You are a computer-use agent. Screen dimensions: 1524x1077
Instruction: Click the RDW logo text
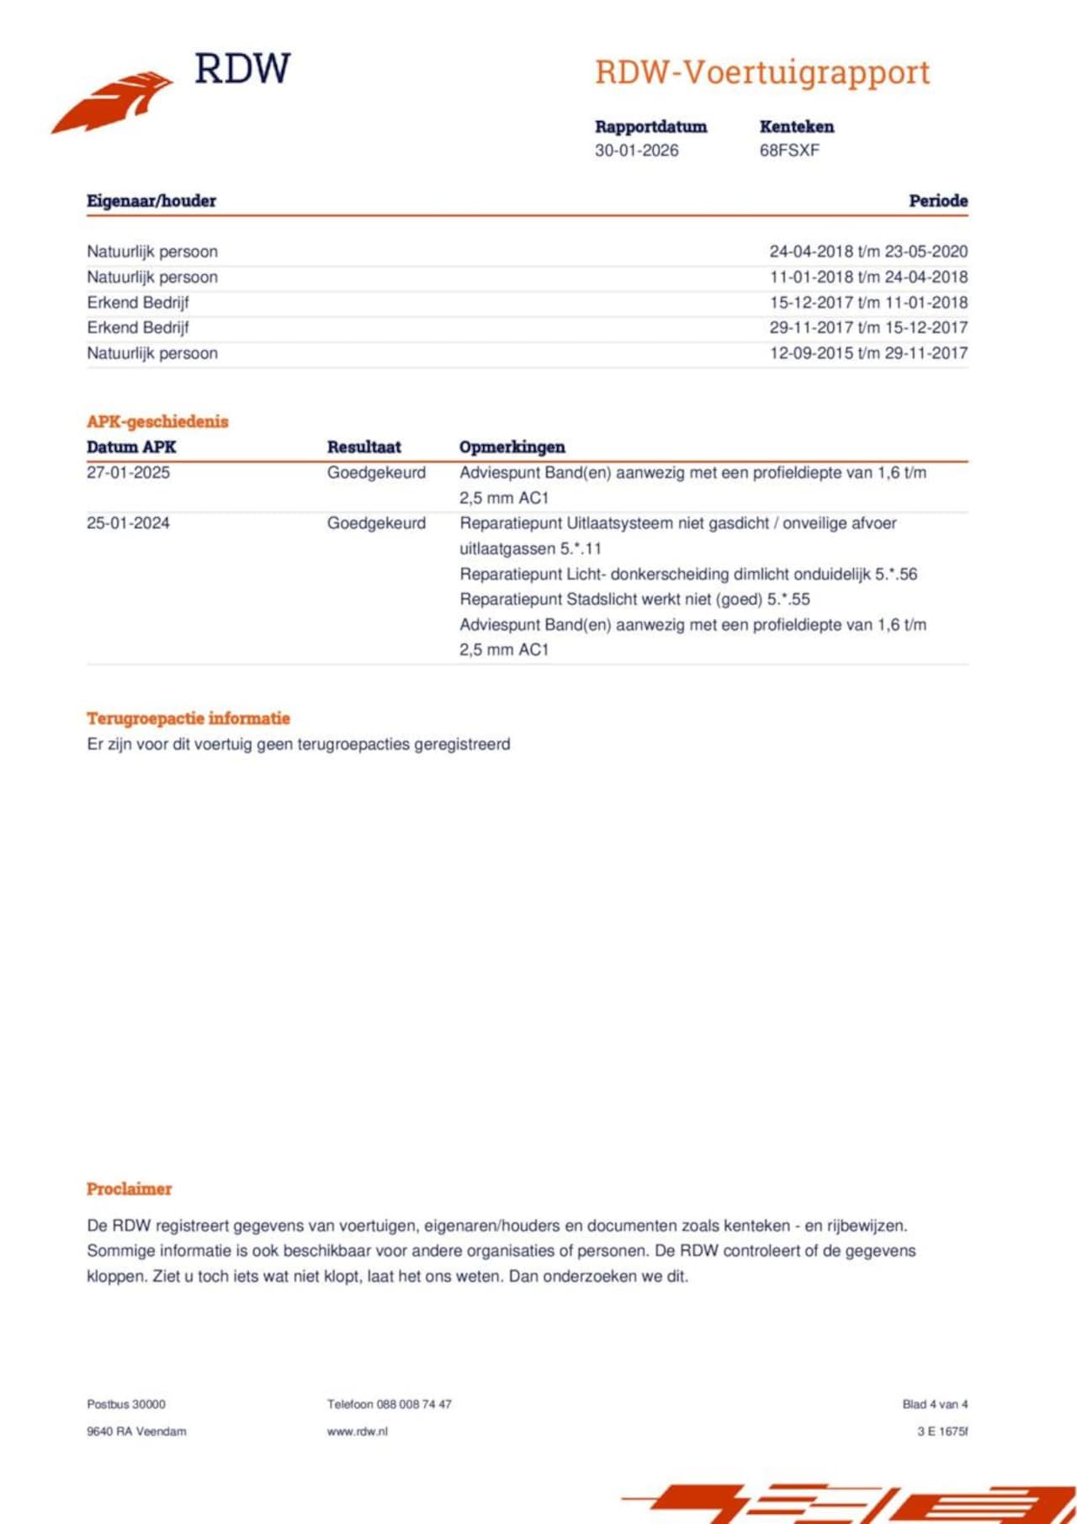click(242, 69)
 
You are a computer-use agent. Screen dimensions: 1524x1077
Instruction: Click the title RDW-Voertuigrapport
click(762, 72)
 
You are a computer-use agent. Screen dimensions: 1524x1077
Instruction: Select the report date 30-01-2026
click(636, 151)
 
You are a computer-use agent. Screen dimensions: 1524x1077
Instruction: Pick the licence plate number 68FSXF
click(789, 151)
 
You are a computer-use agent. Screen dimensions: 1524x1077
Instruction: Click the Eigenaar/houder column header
click(151, 201)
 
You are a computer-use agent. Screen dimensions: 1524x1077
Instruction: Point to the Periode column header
click(938, 201)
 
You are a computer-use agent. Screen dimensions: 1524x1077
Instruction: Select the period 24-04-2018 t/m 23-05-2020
click(868, 251)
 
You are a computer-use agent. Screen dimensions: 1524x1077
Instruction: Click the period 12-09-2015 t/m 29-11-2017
click(868, 353)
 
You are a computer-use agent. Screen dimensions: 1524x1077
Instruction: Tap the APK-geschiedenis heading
click(157, 421)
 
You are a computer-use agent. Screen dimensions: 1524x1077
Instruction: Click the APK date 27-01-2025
click(128, 473)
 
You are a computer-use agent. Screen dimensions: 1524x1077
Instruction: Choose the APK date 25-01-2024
click(128, 523)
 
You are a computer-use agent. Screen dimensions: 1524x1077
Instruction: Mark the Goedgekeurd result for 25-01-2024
click(376, 523)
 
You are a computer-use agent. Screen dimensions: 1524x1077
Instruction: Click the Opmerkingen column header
click(512, 447)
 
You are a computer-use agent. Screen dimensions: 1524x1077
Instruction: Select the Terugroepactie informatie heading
click(188, 718)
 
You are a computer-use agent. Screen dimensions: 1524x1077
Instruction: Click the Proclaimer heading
click(129, 1188)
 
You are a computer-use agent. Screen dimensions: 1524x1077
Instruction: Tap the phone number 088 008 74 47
click(413, 1404)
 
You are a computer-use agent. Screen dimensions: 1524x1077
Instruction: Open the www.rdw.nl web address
click(358, 1431)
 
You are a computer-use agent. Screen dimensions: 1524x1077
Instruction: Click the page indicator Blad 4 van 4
click(935, 1404)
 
